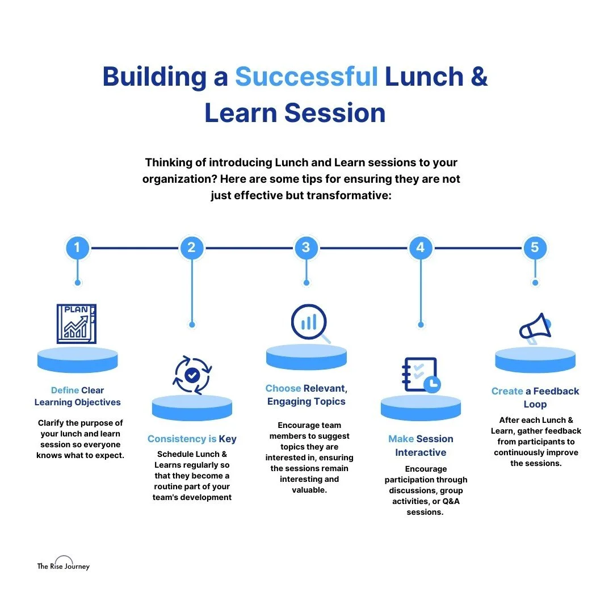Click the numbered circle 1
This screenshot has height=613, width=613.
pyautogui.click(x=78, y=248)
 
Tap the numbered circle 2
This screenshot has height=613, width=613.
pyautogui.click(x=192, y=248)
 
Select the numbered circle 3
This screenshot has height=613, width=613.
pyautogui.click(x=306, y=248)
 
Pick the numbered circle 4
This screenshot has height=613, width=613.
pyautogui.click(x=421, y=248)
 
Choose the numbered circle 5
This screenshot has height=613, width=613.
pyautogui.click(x=535, y=248)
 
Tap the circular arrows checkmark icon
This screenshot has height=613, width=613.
pyautogui.click(x=192, y=375)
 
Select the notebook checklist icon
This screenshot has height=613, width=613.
pyautogui.click(x=420, y=375)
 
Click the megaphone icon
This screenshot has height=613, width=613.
pyautogui.click(x=535, y=329)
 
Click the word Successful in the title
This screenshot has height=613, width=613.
pyautogui.click(x=306, y=77)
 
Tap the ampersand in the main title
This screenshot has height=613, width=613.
pyautogui.click(x=479, y=77)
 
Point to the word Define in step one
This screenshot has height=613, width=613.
pyautogui.click(x=65, y=391)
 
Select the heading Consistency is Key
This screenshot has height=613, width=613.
pyautogui.click(x=192, y=439)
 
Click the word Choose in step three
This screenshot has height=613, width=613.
pyautogui.click(x=283, y=389)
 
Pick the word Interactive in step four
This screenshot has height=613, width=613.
pyautogui.click(x=421, y=452)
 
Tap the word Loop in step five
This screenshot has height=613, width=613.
pyautogui.click(x=535, y=405)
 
